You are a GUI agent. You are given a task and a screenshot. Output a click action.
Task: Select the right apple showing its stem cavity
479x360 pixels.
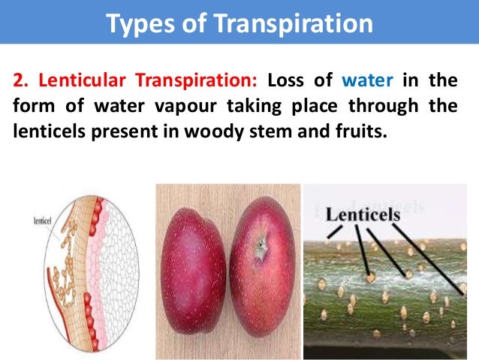[x=260, y=272]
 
